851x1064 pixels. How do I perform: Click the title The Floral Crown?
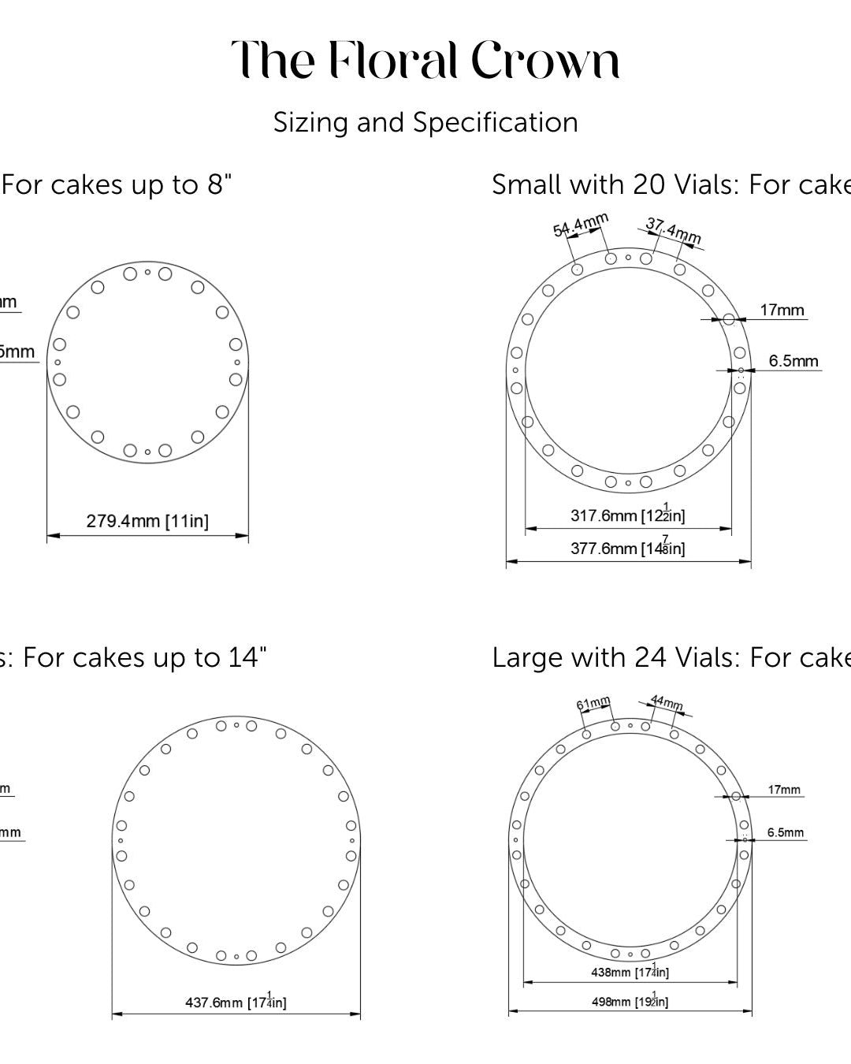pyautogui.click(x=425, y=61)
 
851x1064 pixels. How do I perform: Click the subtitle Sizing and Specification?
pyautogui.click(x=425, y=123)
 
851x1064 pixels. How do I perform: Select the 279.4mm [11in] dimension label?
pyautogui.click(x=147, y=521)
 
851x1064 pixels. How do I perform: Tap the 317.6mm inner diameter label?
pyautogui.click(x=627, y=515)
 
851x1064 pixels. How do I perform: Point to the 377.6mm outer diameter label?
pyautogui.click(x=627, y=548)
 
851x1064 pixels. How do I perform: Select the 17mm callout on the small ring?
pyautogui.click(x=782, y=311)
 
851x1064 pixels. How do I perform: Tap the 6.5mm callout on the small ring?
pyautogui.click(x=793, y=361)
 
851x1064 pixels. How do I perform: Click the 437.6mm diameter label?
pyautogui.click(x=236, y=1003)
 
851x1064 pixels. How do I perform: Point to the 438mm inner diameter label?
pyautogui.click(x=630, y=972)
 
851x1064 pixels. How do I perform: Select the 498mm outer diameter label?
pyautogui.click(x=630, y=1002)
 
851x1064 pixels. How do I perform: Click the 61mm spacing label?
pyautogui.click(x=593, y=703)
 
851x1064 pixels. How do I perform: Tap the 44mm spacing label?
pyautogui.click(x=667, y=702)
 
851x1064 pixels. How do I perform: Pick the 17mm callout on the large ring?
pyautogui.click(x=784, y=790)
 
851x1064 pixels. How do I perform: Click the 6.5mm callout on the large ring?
pyautogui.click(x=786, y=832)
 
